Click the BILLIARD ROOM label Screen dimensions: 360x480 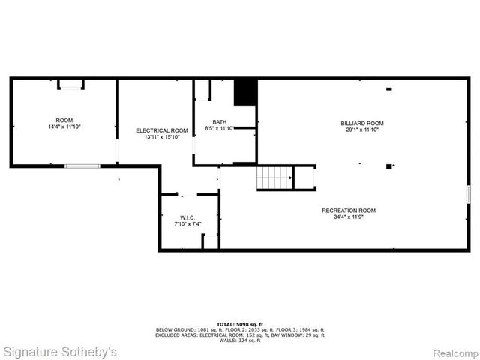point(363,123)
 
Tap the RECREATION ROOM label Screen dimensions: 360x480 point(349,211)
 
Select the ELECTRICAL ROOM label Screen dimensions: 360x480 point(162,130)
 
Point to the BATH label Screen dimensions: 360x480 point(219,122)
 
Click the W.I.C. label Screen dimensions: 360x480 point(187,217)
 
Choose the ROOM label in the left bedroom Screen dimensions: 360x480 point(64,121)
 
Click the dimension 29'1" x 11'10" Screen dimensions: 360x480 point(363,130)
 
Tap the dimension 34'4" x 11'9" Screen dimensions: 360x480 point(349,217)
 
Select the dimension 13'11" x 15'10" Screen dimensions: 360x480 point(162,137)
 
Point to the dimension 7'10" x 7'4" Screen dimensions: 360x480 point(187,224)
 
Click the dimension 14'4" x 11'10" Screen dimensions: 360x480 point(64,127)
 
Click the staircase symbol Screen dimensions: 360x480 point(274,178)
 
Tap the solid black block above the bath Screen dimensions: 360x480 point(245,92)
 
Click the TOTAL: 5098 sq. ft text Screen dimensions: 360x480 point(240,324)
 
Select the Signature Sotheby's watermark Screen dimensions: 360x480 point(60,351)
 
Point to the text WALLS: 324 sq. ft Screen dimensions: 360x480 point(240,341)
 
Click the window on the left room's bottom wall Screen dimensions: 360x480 point(82,166)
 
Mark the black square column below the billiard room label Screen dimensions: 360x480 point(388,166)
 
